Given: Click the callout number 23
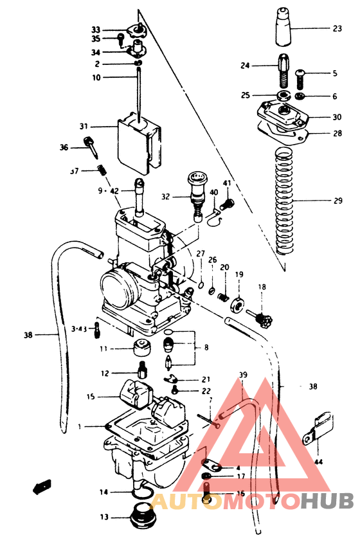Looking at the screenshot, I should pos(337,28).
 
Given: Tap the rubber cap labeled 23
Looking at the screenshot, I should pos(283,28).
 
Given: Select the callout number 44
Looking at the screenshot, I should pos(318,461).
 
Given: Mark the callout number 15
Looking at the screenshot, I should pos(91,396).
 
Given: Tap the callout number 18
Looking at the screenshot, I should pos(262,287).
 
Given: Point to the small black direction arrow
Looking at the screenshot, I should pos(42,486).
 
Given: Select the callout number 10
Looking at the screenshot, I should pos(96,78).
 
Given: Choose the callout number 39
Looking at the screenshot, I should pos(242,375).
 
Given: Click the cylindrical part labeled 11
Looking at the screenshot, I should pos(141,350).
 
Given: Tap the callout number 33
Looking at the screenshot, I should pos(96,30).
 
